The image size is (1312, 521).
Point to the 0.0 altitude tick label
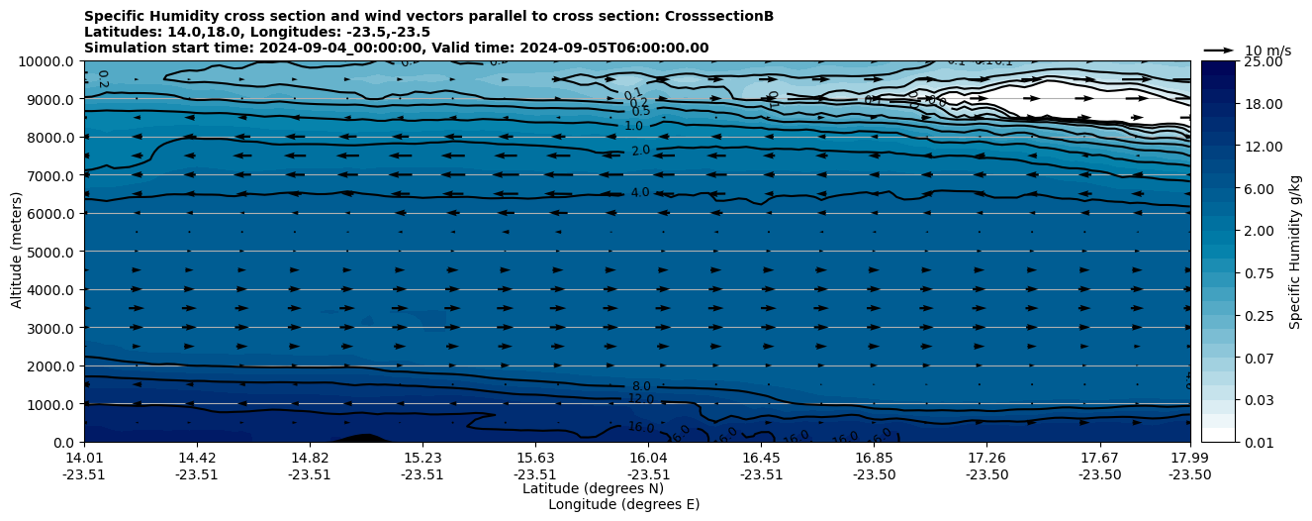(x=64, y=443)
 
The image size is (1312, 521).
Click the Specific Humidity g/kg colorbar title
(x=1296, y=252)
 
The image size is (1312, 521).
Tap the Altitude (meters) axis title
(x=17, y=252)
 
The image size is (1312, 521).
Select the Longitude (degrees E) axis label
(x=623, y=504)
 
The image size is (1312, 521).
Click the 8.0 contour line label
(x=641, y=386)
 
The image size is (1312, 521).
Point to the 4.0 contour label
(x=640, y=192)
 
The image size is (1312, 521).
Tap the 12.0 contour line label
(x=641, y=398)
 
